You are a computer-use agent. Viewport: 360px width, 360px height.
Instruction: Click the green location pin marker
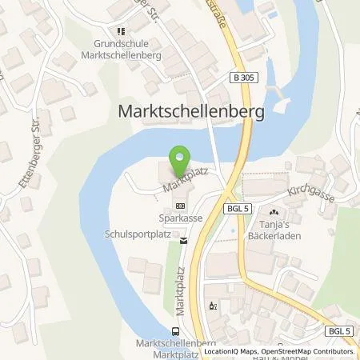(181, 157)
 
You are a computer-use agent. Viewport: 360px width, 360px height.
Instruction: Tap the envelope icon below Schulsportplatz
(183, 239)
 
